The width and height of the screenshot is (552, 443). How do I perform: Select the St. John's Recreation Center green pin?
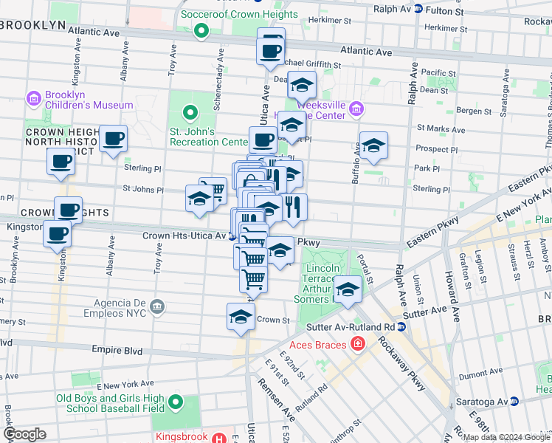(190, 114)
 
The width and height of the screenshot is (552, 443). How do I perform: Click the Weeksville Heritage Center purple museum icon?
(356, 109)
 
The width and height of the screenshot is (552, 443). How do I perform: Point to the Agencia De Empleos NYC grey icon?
(156, 306)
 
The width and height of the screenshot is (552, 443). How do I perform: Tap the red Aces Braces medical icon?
(357, 343)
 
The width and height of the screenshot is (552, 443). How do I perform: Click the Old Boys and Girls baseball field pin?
(176, 402)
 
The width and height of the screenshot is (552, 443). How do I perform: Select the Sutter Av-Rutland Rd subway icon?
(401, 326)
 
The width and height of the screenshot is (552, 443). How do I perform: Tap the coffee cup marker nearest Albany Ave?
(114, 139)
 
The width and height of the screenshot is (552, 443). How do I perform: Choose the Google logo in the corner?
(24, 434)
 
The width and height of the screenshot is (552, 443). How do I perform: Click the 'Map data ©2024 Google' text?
(506, 437)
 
